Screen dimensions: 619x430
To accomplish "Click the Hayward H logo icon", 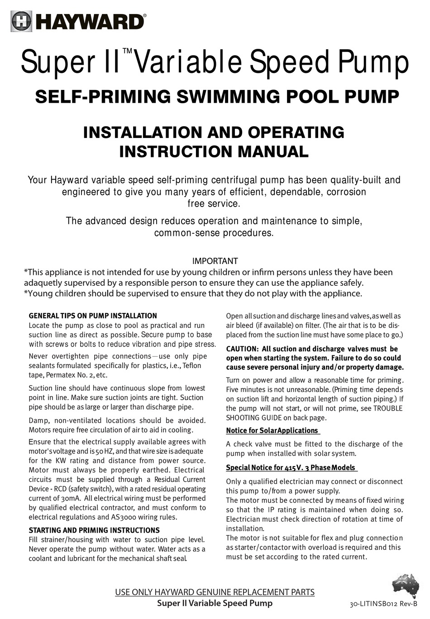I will pyautogui.click(x=21, y=21).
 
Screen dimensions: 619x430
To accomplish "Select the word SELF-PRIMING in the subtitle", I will pyautogui.click(x=102, y=97).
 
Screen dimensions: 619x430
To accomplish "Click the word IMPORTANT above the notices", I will pyautogui.click(x=215, y=261).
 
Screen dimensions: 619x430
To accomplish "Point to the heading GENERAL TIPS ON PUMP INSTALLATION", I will pyautogui.click(x=93, y=316).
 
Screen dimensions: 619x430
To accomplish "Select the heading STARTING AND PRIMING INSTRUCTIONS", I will pyautogui.click(x=94, y=530).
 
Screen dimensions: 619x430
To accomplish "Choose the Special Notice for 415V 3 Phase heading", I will pyautogui.click(x=291, y=468).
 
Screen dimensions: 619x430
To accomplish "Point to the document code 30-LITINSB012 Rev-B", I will pyautogui.click(x=383, y=604).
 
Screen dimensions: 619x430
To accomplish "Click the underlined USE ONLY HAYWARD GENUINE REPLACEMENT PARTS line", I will pyautogui.click(x=215, y=592).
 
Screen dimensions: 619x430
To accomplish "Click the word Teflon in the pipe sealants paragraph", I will pyautogui.click(x=191, y=365).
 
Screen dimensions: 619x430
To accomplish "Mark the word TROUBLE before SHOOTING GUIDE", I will pyautogui.click(x=388, y=408).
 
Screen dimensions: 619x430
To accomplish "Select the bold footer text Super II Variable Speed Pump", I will pyautogui.click(x=215, y=603).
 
